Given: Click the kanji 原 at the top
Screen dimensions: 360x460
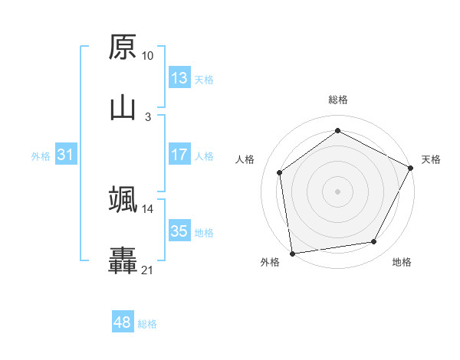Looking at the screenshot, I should coord(123,47).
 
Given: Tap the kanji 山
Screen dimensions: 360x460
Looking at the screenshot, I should coord(123,107).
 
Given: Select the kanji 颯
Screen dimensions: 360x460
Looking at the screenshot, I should coord(123,199).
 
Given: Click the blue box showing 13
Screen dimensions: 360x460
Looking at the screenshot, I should coord(179,78).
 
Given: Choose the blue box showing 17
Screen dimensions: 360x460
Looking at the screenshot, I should coord(179,155).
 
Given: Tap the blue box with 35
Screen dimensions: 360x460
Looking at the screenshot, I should coord(179,231).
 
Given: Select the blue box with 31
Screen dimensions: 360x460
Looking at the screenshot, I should coord(65,155).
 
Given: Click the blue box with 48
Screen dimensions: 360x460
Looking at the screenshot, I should coord(122,322).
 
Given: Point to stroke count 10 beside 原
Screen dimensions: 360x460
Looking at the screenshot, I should coord(147,56).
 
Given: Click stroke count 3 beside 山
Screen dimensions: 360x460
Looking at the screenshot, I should coord(148,116).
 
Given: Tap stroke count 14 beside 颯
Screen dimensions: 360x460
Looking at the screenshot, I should coord(147,208).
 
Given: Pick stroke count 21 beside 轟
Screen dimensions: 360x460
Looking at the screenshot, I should coord(147,270).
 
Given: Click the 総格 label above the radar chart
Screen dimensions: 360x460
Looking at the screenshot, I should coord(337,100).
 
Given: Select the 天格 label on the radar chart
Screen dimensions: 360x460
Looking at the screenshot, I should coord(431,159).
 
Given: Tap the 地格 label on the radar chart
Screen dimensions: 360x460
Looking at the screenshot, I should coord(402,262).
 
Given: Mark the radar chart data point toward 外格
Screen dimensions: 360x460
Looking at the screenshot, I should coord(292,253).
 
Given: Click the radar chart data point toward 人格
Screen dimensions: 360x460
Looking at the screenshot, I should coord(280,172).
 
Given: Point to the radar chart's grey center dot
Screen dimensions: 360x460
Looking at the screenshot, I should coord(337,191).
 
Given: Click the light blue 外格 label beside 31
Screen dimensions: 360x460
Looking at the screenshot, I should coord(41,155).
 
